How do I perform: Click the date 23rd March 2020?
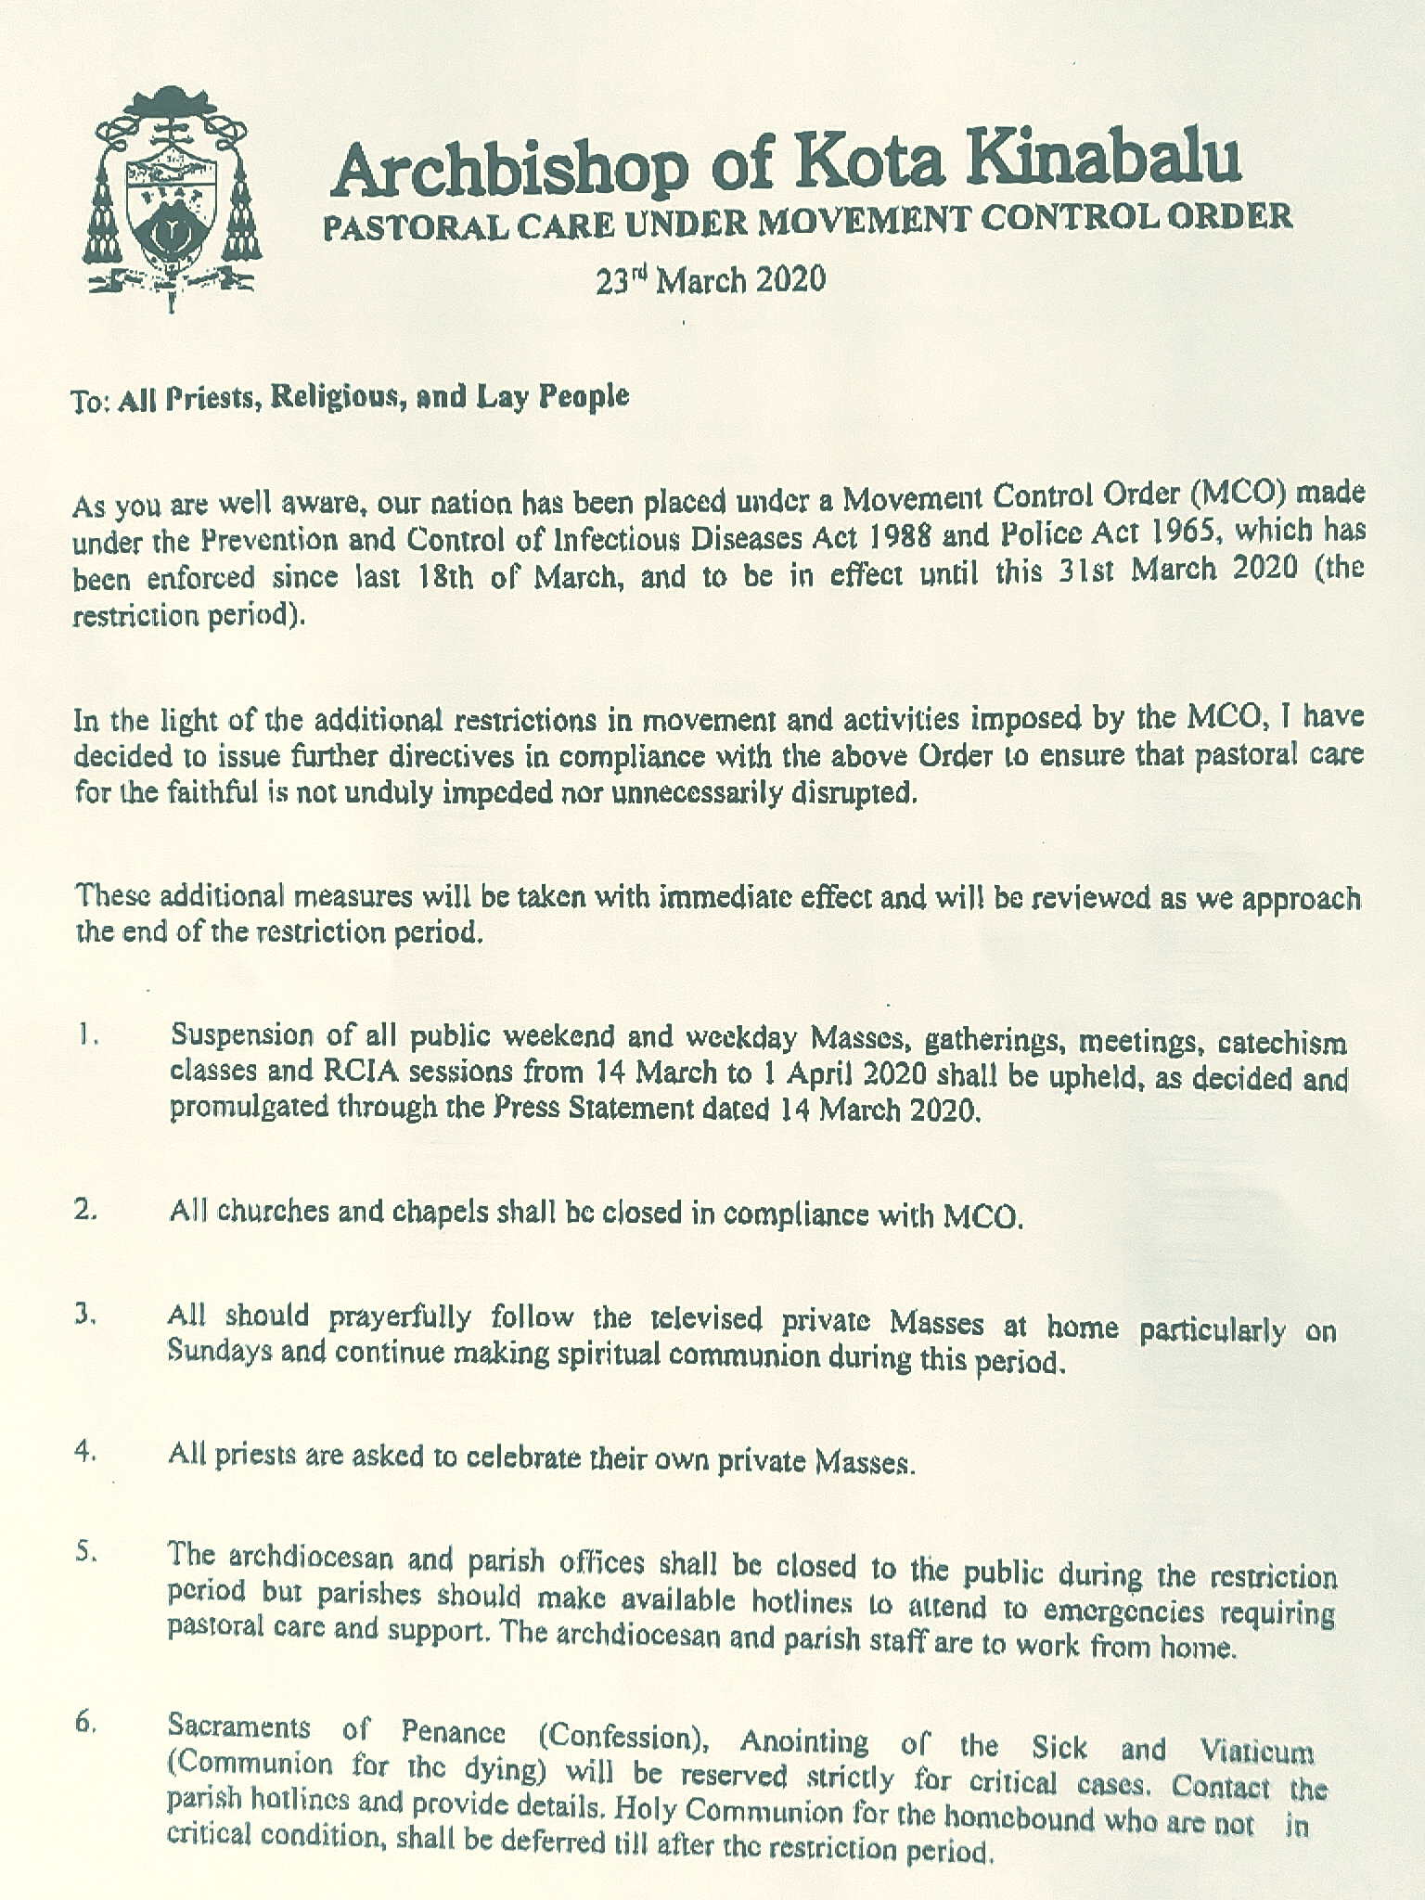click(711, 278)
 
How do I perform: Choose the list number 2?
click(86, 1210)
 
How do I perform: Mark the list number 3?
click(86, 1316)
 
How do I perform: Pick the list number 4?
click(86, 1454)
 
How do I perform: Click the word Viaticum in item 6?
click(1256, 1752)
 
